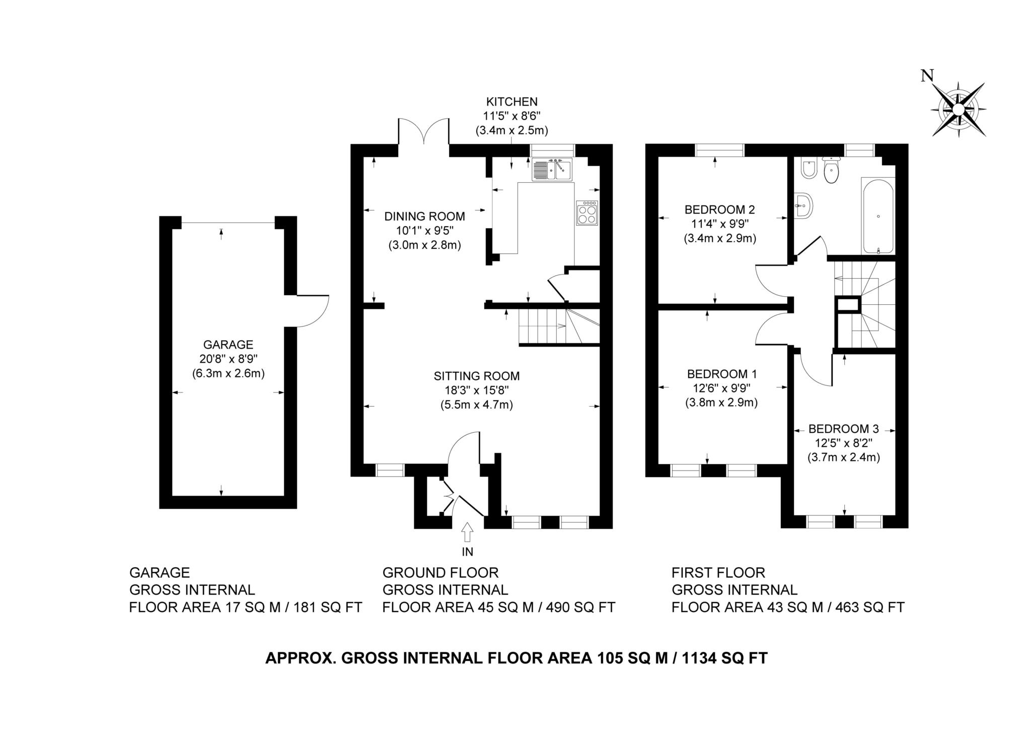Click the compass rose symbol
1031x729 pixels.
coord(959,109)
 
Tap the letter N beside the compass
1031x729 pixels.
coord(927,76)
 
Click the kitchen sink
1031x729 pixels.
coord(552,169)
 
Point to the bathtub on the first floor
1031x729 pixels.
coord(878,216)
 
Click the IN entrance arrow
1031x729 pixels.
coord(468,532)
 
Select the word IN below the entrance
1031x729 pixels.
coord(468,552)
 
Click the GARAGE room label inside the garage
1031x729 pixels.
coord(228,345)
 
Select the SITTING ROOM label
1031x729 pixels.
coord(477,376)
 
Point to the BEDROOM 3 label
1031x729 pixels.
coord(844,429)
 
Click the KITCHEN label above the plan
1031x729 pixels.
coord(511,102)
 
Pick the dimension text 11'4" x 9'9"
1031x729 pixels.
coord(719,224)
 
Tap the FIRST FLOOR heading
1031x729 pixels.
coord(718,573)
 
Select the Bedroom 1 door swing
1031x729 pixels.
coord(773,329)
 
